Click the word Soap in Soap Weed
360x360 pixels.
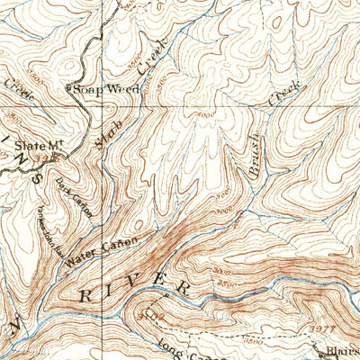coord(88,88)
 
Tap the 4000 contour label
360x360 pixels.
coord(205,116)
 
